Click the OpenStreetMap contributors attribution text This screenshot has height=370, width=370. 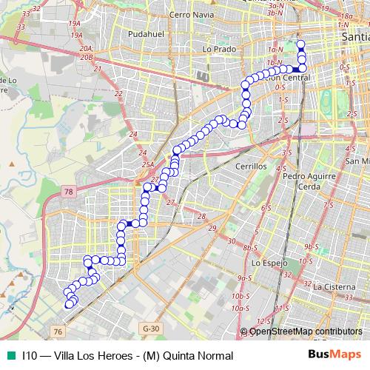click(x=306, y=332)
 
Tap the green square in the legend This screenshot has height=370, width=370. click(x=10, y=355)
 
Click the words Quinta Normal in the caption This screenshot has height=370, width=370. click(x=194, y=355)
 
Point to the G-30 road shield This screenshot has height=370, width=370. click(x=150, y=328)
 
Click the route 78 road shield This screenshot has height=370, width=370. click(x=69, y=192)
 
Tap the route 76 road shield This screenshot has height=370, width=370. click(x=58, y=332)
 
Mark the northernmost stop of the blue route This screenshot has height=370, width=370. click(x=300, y=44)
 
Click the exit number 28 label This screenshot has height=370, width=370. click(x=201, y=215)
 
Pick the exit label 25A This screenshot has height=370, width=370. click(x=147, y=164)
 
